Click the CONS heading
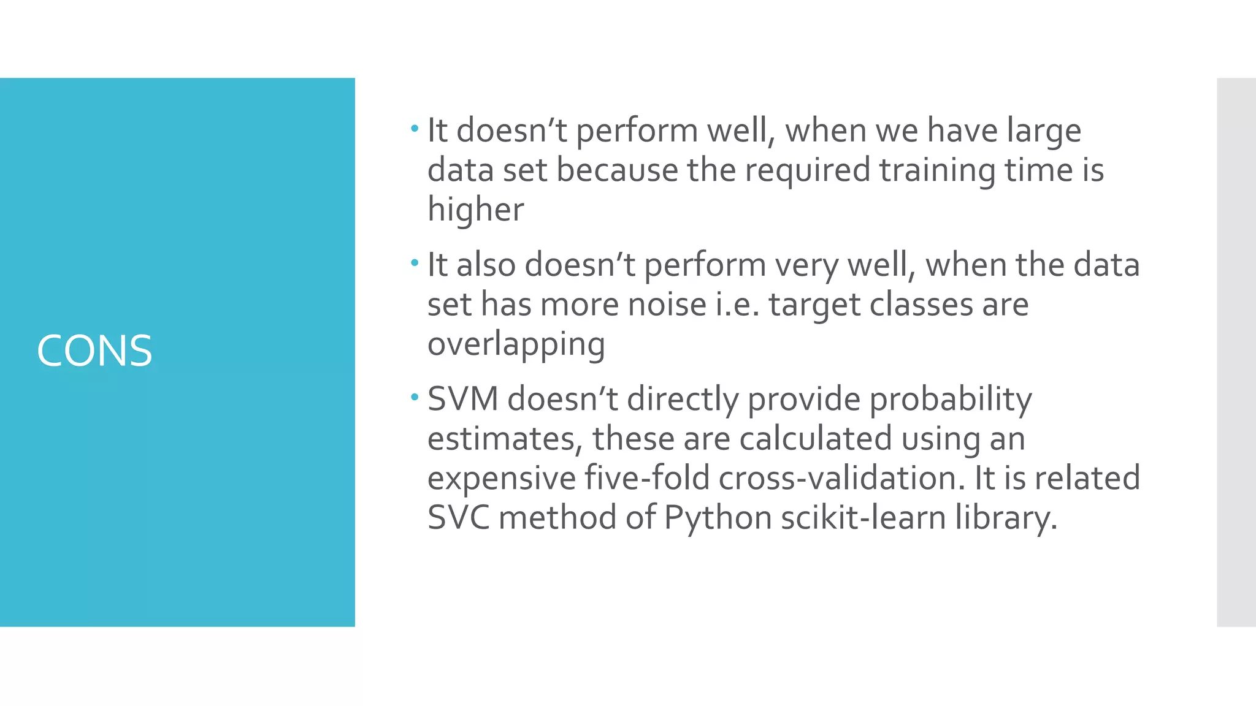coord(94,351)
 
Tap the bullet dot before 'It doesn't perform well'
coord(415,129)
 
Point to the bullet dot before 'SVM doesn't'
coord(415,398)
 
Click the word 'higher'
coord(475,210)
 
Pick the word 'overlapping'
coord(516,344)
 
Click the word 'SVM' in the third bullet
coord(462,399)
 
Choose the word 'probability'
coord(951,400)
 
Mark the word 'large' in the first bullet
coord(1044,131)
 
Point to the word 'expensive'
coord(501,479)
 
